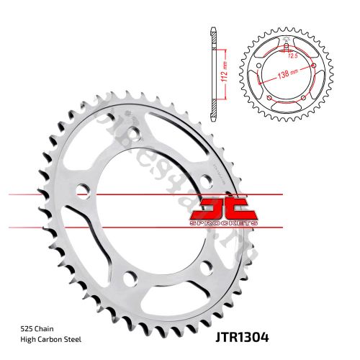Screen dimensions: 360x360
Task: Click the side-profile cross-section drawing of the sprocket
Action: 214,72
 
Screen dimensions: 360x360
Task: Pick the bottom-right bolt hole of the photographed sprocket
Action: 208,268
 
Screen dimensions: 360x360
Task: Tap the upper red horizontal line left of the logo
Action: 108,195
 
